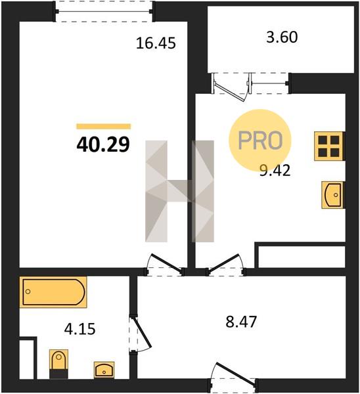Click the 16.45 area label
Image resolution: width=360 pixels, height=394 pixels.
click(156, 43)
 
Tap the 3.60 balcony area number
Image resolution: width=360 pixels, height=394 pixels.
click(282, 37)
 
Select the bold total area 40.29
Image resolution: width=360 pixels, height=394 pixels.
click(103, 144)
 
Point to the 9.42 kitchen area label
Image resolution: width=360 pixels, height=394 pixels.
click(275, 171)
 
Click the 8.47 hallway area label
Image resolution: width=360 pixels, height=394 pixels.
click(241, 322)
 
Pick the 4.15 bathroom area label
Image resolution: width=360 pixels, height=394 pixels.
click(79, 329)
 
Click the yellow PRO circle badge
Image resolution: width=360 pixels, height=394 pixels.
click(260, 140)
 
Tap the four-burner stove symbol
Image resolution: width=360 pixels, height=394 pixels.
click(329, 146)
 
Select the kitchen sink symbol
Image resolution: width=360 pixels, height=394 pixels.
click(333, 195)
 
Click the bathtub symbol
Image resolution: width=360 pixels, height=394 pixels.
click(53, 292)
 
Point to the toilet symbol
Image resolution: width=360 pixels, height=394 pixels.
click(59, 363)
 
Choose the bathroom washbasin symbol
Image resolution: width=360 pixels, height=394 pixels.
click(104, 370)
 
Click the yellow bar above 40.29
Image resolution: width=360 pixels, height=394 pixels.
click(104, 126)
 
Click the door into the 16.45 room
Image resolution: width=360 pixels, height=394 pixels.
click(165, 265)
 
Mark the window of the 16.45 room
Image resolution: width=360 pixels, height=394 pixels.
click(104, 11)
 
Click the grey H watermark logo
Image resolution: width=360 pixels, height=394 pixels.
click(179, 191)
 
